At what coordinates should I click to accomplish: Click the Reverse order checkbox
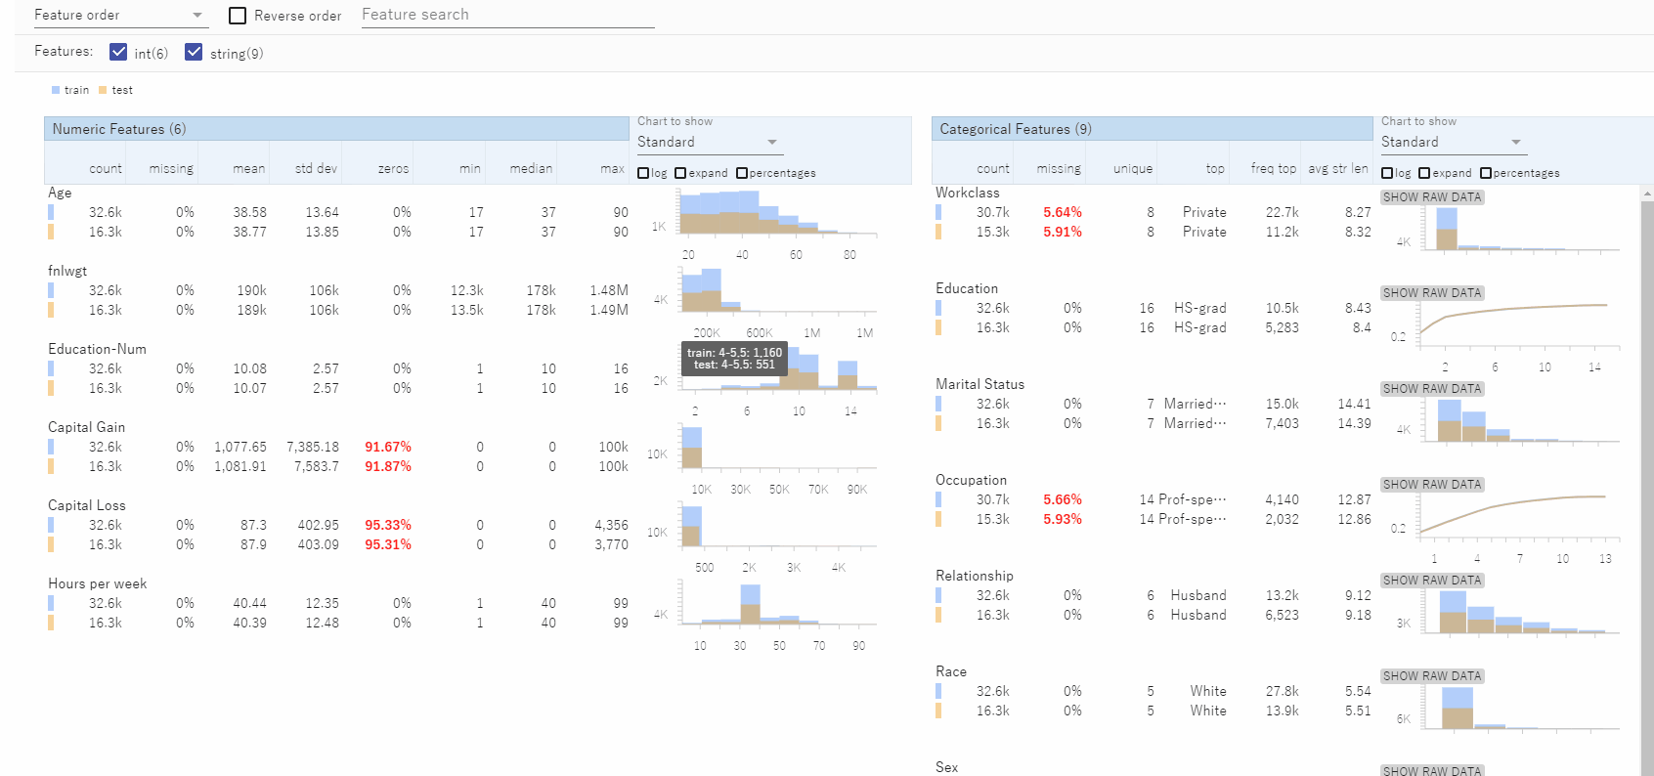(x=238, y=16)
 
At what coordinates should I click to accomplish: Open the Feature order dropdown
(x=119, y=16)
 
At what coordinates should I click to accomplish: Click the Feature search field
(x=507, y=15)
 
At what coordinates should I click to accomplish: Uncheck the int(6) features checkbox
(x=119, y=52)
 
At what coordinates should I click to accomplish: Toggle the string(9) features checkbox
(x=194, y=52)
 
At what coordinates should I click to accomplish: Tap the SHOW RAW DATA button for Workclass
(x=1432, y=197)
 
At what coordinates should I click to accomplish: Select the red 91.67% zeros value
(x=387, y=447)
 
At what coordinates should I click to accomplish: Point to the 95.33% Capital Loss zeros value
(x=387, y=525)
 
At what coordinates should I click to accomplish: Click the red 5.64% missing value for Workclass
(x=1062, y=212)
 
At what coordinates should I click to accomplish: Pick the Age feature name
(x=60, y=193)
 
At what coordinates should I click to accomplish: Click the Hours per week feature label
(x=97, y=583)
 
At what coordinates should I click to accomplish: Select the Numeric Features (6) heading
(x=119, y=129)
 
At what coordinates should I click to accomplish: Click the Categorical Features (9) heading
(x=1015, y=129)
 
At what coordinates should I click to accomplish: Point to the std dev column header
(x=316, y=169)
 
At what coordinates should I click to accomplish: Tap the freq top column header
(x=1273, y=169)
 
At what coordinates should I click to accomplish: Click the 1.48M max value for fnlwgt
(x=608, y=290)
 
